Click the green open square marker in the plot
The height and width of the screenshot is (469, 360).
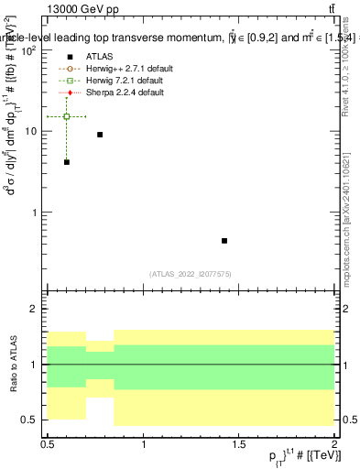(x=67, y=116)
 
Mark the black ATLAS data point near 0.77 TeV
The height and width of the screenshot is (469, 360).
(x=100, y=135)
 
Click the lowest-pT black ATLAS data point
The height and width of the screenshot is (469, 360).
(x=67, y=162)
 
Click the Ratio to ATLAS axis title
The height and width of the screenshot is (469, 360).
(x=13, y=364)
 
